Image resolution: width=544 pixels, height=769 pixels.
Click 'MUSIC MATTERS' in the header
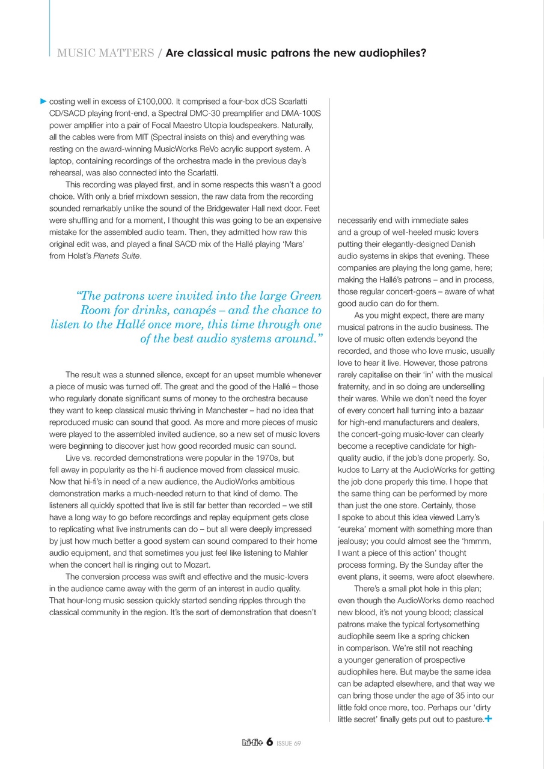[105, 53]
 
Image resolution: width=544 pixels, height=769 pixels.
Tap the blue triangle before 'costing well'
[43, 101]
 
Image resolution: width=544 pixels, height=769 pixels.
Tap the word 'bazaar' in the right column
[468, 410]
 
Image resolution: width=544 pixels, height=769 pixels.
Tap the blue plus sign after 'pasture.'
[489, 719]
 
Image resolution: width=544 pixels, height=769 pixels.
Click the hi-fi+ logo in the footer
[252, 743]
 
